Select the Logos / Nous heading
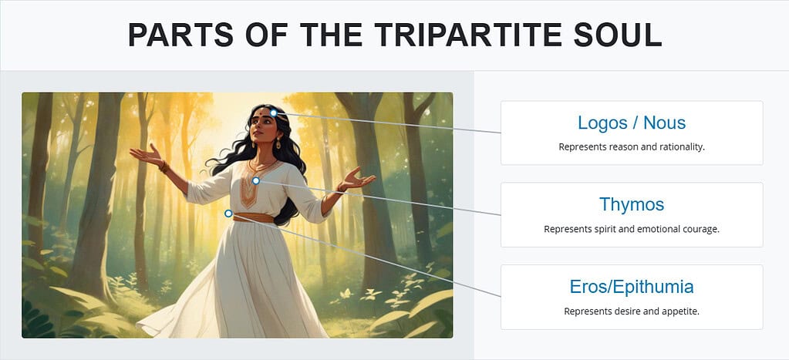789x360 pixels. (x=631, y=123)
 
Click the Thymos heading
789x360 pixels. (x=631, y=204)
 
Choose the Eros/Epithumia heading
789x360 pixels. (x=631, y=287)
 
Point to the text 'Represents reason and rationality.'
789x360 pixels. (x=631, y=146)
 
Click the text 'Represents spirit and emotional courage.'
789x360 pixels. (x=631, y=229)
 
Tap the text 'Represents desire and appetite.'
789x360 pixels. (x=631, y=311)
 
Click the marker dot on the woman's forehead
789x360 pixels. (x=273, y=113)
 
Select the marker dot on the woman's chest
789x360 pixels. (x=256, y=180)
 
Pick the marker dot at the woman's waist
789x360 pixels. (x=228, y=214)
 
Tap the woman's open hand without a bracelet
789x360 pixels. (x=357, y=179)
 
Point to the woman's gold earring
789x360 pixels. (x=278, y=144)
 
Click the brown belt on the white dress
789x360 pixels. (x=254, y=218)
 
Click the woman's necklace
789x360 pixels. (x=262, y=164)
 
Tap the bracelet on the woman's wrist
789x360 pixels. (x=164, y=165)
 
